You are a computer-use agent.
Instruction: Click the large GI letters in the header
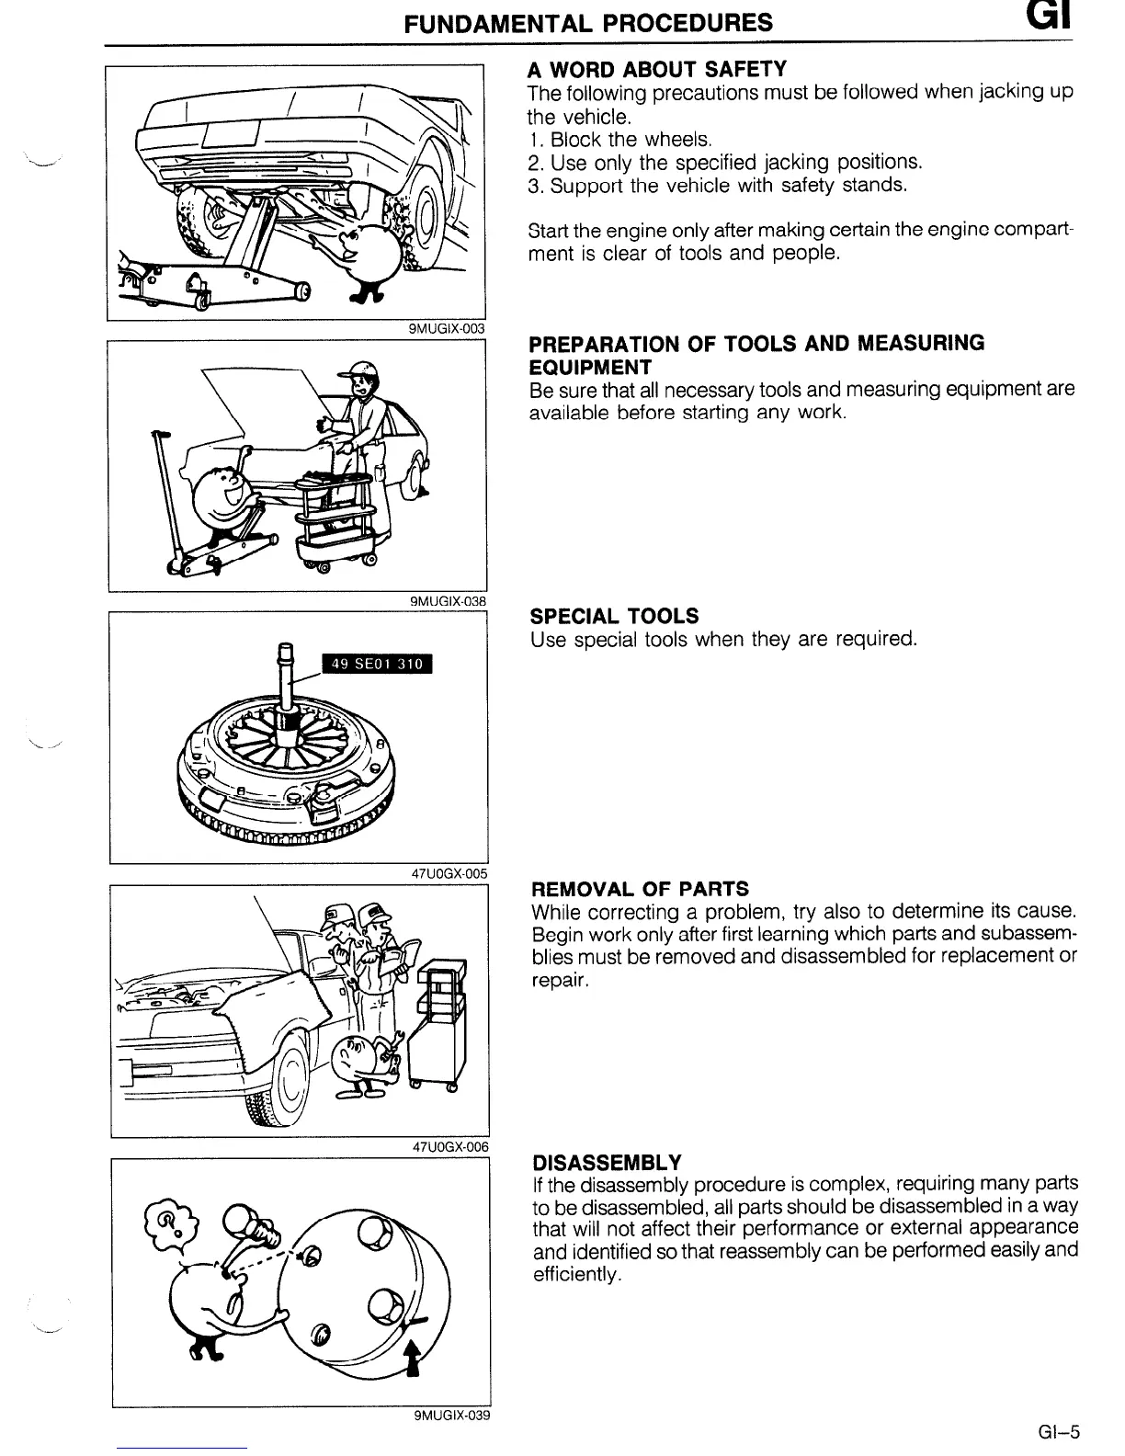[1044, 19]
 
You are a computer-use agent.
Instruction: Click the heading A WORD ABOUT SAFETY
[656, 70]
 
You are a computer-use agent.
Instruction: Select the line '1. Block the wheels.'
[620, 140]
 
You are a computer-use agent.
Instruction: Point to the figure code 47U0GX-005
[449, 874]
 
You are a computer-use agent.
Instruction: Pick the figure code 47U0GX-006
[449, 1146]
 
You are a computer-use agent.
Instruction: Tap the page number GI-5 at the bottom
[1058, 1430]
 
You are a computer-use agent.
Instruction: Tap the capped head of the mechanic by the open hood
[361, 377]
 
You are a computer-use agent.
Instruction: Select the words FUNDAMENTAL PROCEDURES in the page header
[589, 22]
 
